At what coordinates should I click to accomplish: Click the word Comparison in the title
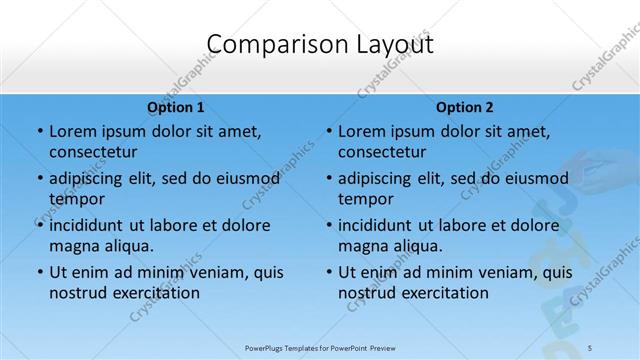click(x=263, y=45)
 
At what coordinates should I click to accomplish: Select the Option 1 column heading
click(x=176, y=107)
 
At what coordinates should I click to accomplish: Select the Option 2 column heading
click(x=465, y=107)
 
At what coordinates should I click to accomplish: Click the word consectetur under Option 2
click(x=382, y=152)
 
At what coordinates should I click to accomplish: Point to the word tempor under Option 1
click(x=75, y=199)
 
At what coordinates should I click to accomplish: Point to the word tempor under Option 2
click(x=364, y=199)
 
